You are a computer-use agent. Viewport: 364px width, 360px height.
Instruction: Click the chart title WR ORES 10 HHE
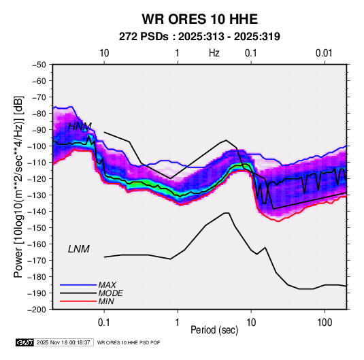coord(199,19)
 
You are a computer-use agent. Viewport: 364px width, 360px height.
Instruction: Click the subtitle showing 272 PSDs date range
coord(199,37)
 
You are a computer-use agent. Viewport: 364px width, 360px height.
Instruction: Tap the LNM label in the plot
coord(79,249)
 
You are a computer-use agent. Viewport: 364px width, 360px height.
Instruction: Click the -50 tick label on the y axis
coord(39,65)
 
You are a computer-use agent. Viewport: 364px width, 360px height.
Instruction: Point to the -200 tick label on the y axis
coord(37,310)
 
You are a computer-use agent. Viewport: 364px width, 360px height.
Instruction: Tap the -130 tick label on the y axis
coord(37,195)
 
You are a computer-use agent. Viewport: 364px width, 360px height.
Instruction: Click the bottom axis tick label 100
coord(325,323)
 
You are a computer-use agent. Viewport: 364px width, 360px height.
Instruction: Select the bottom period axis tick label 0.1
coord(104,323)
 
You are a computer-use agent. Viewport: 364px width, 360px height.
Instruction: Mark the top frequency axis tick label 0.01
coord(324,53)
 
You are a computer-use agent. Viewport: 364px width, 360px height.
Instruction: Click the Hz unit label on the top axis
coord(214,53)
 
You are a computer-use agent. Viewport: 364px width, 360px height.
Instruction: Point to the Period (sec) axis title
coord(214,330)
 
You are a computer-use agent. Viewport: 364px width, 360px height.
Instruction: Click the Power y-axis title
coord(18,187)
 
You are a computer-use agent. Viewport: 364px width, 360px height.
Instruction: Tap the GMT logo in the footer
coord(25,342)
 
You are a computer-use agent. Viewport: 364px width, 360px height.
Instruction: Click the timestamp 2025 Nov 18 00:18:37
coord(63,342)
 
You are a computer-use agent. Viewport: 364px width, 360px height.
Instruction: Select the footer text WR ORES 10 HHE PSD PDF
coord(129,342)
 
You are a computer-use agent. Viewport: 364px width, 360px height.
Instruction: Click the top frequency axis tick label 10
coord(104,53)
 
